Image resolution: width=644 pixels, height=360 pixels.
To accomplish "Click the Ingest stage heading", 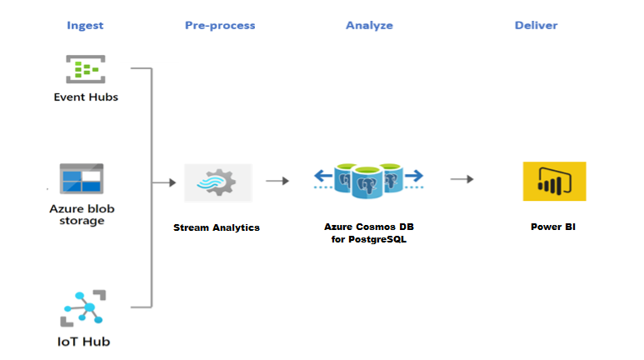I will tap(85, 25).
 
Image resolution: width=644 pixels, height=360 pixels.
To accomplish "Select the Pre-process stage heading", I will tap(220, 25).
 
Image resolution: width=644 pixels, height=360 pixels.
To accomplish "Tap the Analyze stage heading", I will tap(369, 25).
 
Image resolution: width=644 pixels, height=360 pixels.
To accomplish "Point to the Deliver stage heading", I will tap(536, 25).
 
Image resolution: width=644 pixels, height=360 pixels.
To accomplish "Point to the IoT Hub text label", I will tap(83, 341).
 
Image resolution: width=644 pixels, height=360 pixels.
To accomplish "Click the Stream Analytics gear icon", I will tap(217, 181).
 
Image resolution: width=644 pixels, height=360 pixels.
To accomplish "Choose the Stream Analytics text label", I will tap(217, 227).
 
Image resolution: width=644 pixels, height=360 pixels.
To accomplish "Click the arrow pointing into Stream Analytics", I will tap(163, 180).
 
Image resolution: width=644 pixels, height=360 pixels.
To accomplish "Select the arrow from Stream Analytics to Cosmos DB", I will tap(277, 180).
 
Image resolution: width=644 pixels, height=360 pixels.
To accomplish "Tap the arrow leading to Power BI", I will tap(462, 179).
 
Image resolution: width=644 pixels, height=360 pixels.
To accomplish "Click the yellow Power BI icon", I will tap(554, 181).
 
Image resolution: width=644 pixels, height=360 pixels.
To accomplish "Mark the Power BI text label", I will tap(552, 227).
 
